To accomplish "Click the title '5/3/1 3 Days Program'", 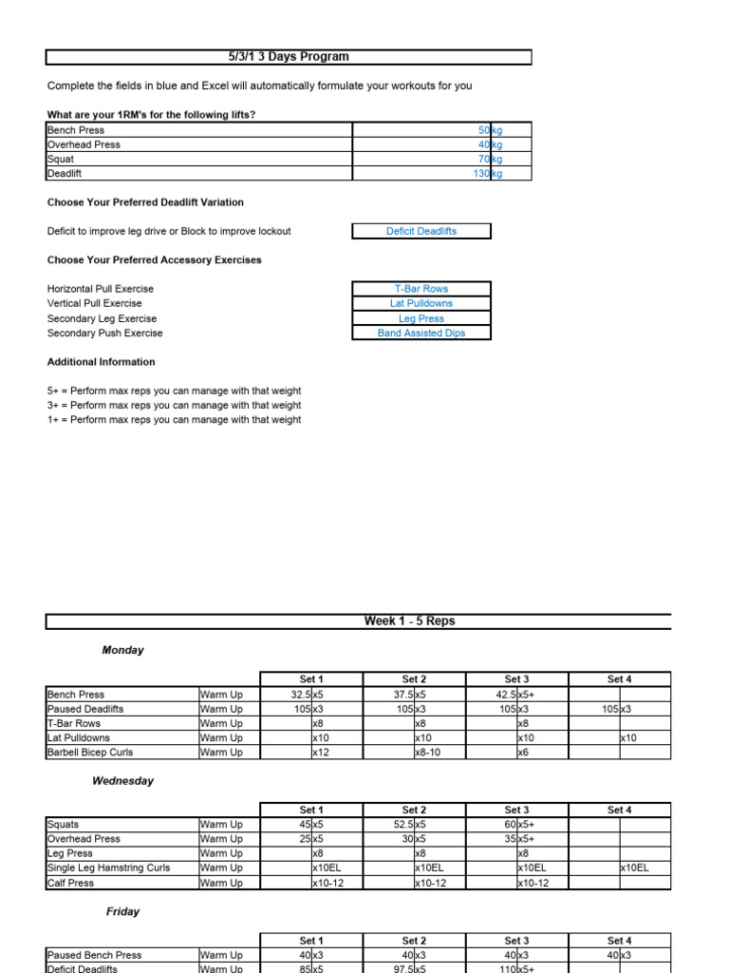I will tap(289, 57).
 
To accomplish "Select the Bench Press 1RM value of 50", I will tap(483, 130).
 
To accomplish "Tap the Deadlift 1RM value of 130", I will tap(482, 174).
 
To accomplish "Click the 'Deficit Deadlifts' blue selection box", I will tap(421, 231).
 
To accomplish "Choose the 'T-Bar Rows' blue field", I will tap(421, 289).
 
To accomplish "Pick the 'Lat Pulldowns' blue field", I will tap(421, 303).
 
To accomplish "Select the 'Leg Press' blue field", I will tap(421, 318).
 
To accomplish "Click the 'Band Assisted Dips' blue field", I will tap(421, 334).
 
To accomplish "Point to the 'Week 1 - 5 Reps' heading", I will tap(409, 621).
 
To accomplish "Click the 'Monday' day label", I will tap(123, 651).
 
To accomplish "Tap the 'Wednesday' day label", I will tap(122, 781).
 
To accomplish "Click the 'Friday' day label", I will tap(122, 912).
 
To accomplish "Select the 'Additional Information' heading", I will tap(102, 362).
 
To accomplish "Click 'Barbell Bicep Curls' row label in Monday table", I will tap(90, 753).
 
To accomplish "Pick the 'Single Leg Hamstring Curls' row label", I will tap(108, 868).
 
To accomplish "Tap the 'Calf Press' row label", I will tap(70, 883).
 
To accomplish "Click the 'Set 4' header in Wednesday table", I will tap(619, 810).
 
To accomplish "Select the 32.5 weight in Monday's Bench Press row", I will tap(300, 695).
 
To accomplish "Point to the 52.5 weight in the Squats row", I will tap(402, 825).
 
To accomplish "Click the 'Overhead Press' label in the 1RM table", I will tap(84, 144).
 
